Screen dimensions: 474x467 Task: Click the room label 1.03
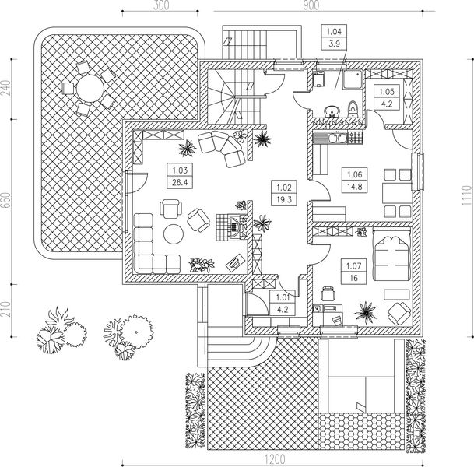[180, 170]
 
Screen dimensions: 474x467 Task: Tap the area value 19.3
[283, 199]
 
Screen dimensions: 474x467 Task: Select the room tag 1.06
[355, 174]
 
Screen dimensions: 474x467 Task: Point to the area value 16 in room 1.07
[353, 278]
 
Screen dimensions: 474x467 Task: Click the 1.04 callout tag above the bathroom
[334, 31]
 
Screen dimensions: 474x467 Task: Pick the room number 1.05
[387, 91]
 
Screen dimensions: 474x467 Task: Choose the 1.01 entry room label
[283, 297]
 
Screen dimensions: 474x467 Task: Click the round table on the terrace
[90, 89]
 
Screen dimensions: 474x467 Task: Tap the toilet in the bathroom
[353, 108]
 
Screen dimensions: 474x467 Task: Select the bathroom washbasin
[332, 111]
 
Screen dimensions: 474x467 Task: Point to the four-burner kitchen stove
[355, 138]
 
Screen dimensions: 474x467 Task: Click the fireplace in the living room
[232, 226]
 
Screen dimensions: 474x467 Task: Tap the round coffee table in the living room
[174, 234]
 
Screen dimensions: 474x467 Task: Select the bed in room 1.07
[391, 255]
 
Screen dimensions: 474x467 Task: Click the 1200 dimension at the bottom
[275, 459]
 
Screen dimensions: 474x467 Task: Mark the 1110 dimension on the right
[466, 195]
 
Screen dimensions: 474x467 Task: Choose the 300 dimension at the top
[161, 5]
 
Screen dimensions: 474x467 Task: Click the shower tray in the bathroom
[353, 79]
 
